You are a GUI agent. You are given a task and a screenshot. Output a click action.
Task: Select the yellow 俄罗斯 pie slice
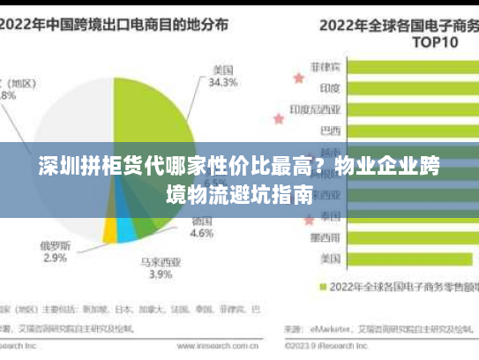pyautogui.click(x=109, y=231)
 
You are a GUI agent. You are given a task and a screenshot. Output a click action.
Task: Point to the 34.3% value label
pyautogui.click(x=222, y=83)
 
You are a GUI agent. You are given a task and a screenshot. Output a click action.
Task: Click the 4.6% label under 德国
pyautogui.click(x=202, y=234)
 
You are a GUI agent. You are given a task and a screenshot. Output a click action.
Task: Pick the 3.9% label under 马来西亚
pyautogui.click(x=160, y=274)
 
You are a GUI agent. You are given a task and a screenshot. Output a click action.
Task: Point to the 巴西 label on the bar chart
pyautogui.click(x=329, y=131)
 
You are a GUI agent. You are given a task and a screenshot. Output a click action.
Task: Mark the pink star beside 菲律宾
pyautogui.click(x=298, y=78)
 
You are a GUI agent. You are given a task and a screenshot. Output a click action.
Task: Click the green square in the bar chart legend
pyautogui.click(x=322, y=287)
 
